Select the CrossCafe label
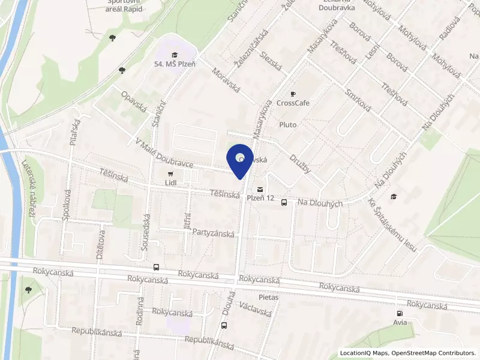point(293,103)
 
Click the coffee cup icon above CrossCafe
point(293,94)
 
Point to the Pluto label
point(288,124)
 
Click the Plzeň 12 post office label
point(262,198)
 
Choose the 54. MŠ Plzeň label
point(174,64)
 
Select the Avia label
point(400,322)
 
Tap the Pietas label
point(269,296)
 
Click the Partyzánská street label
point(213,234)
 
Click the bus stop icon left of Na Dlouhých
point(284,202)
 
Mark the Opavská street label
point(134,103)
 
